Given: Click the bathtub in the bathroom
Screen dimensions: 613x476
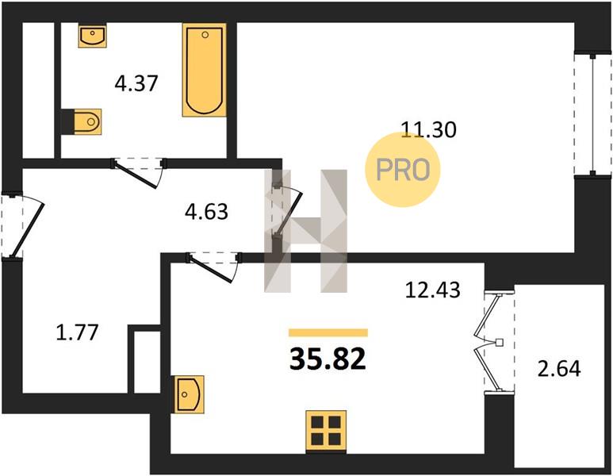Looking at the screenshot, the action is (x=205, y=70).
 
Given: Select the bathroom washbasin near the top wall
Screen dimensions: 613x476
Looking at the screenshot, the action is (x=92, y=35).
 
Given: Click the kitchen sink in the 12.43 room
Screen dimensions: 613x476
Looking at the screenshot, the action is (x=190, y=394).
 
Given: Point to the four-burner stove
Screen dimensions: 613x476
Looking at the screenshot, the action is (x=326, y=430).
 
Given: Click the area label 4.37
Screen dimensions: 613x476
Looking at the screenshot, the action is (x=136, y=83).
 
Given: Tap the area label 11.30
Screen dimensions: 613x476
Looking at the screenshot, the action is (x=429, y=130).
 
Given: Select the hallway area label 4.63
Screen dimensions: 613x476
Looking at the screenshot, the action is (x=206, y=212).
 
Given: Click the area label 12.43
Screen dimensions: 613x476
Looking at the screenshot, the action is (x=433, y=290).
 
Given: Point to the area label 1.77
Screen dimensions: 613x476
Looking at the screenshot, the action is (x=77, y=333).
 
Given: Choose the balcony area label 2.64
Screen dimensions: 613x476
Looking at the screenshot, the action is (x=559, y=369).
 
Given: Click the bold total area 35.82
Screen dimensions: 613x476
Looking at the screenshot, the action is (x=328, y=360).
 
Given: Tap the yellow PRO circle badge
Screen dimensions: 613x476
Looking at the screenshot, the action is (x=403, y=169).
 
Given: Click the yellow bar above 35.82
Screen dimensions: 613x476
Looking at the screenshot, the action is (x=328, y=332).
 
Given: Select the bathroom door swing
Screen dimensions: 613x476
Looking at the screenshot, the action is (x=140, y=172).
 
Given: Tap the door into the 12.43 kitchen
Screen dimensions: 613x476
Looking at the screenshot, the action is (x=213, y=267).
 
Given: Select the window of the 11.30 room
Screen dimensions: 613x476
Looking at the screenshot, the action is (x=592, y=114).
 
